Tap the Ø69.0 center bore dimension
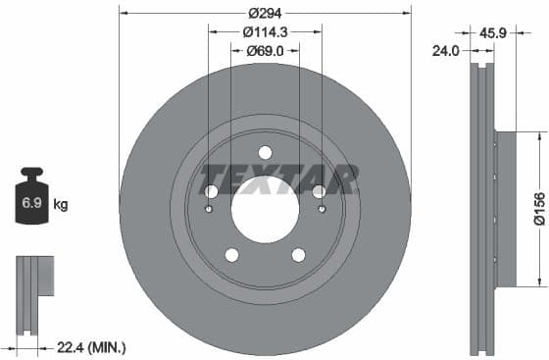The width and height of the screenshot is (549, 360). pyautogui.click(x=265, y=50)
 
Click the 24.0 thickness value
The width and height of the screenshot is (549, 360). pyautogui.click(x=447, y=51)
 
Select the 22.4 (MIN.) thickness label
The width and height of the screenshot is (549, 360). pyautogui.click(x=92, y=347)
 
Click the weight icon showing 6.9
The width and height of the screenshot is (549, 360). pyautogui.click(x=30, y=203)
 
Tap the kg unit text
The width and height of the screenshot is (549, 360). pyautogui.click(x=61, y=205)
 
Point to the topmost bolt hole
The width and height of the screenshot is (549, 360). pyautogui.click(x=265, y=152)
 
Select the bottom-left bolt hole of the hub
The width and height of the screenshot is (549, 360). pyautogui.click(x=231, y=255)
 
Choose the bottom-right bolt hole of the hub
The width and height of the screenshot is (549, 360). pyautogui.click(x=298, y=255)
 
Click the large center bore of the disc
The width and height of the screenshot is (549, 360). pyautogui.click(x=265, y=209)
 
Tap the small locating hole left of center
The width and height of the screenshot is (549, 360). pyautogui.click(x=208, y=208)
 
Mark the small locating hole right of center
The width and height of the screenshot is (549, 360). pyautogui.click(x=322, y=208)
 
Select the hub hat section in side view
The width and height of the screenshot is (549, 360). pyautogui.click(x=505, y=209)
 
